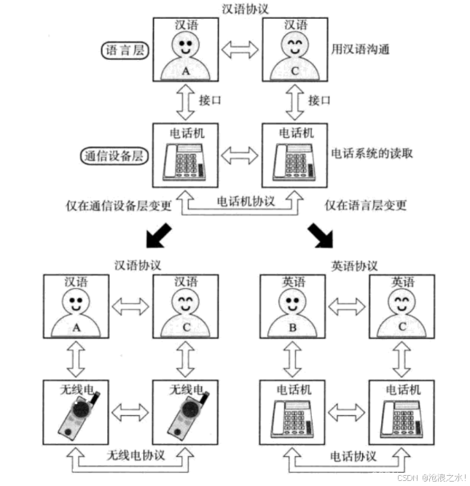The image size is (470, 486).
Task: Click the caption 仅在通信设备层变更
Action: click(x=119, y=206)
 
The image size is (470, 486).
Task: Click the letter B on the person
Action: click(x=292, y=328)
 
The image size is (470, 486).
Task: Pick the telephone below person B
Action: click(x=292, y=418)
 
